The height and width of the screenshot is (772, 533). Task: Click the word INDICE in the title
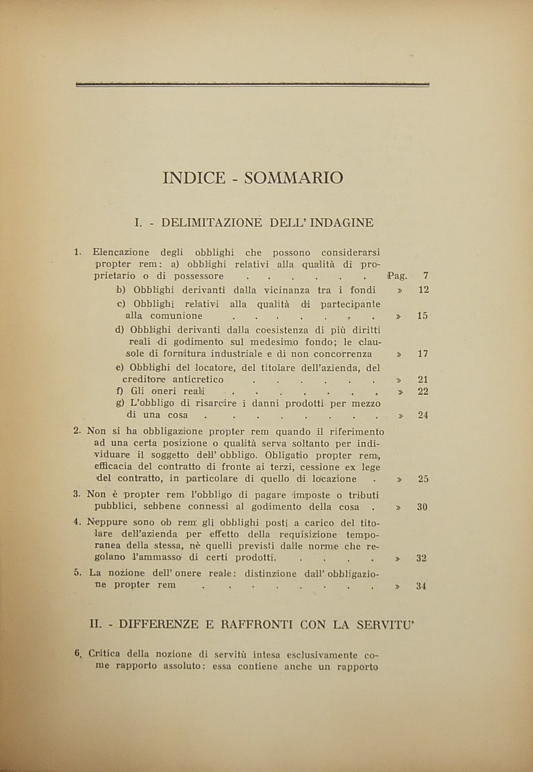tap(194, 178)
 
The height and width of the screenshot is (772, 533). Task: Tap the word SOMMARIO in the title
tap(293, 178)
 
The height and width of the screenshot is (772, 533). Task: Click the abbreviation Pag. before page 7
tap(397, 276)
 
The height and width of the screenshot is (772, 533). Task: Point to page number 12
tap(423, 290)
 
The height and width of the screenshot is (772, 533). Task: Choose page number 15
tap(423, 316)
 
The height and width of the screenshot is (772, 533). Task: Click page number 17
tap(423, 354)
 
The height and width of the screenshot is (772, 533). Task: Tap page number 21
tap(423, 379)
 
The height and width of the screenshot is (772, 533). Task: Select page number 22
tap(423, 391)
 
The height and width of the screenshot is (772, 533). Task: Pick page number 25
tap(423, 479)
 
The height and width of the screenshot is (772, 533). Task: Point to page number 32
tap(421, 558)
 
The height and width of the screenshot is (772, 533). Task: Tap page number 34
tap(421, 586)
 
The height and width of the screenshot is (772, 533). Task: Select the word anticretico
tap(198, 380)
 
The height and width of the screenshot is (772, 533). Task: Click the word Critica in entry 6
tap(104, 654)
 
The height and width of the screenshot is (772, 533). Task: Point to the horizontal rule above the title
tap(253, 85)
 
